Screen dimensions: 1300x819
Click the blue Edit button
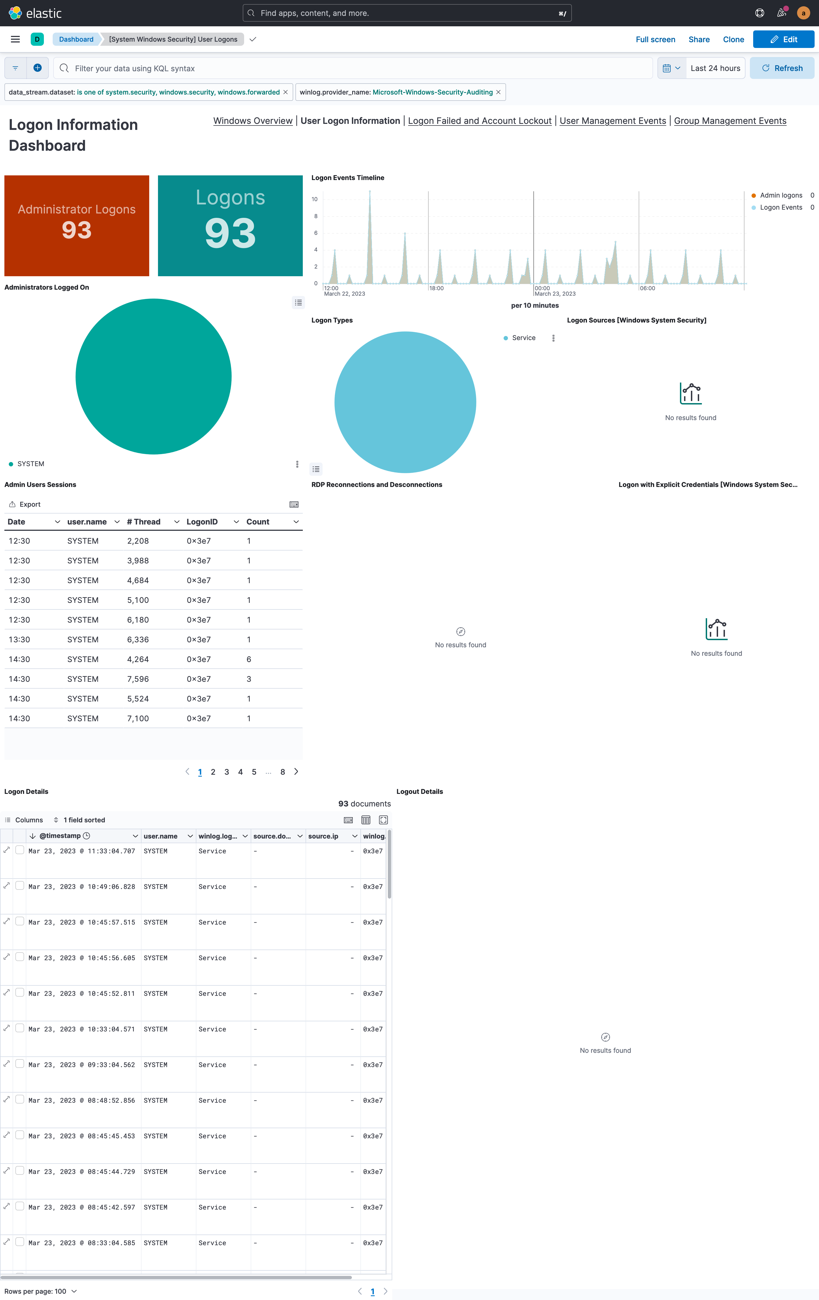click(783, 39)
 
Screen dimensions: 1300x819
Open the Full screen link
click(655, 39)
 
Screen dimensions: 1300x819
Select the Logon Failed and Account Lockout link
click(479, 121)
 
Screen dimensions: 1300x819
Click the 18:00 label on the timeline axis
click(436, 288)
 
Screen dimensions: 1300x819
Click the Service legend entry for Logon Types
click(523, 338)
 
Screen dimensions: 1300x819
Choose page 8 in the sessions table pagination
click(283, 772)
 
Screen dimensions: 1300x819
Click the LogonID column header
click(202, 521)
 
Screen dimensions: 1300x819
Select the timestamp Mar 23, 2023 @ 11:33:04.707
click(81, 851)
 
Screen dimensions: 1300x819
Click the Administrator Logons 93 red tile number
click(77, 230)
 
